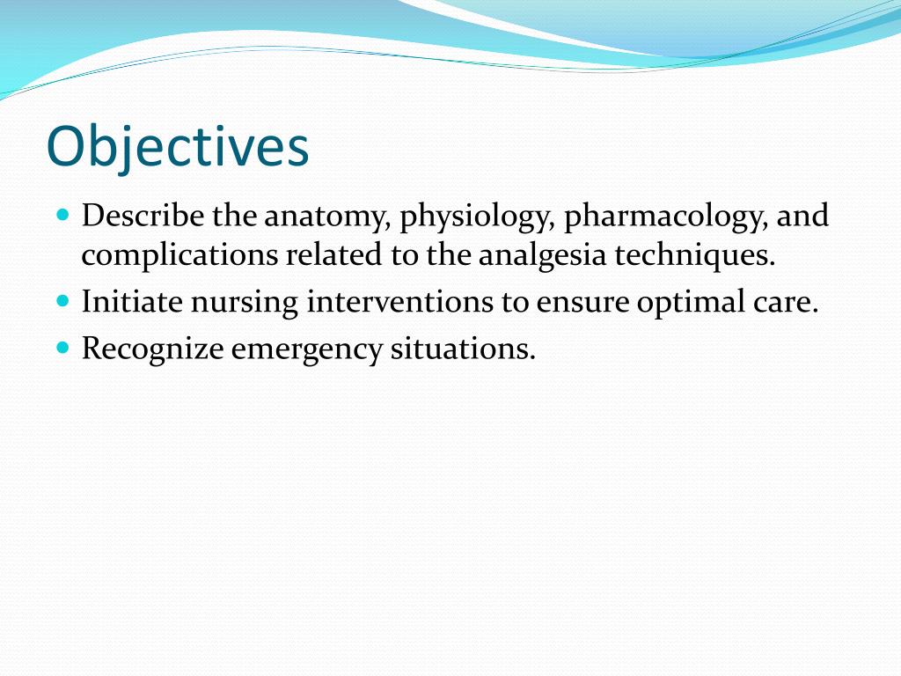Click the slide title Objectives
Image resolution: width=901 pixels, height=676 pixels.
pyautogui.click(x=178, y=147)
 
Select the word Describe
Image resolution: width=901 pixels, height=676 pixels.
pyautogui.click(x=144, y=216)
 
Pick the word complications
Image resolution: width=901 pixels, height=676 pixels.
pyautogui.click(x=179, y=256)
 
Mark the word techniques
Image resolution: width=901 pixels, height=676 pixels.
pyautogui.click(x=695, y=256)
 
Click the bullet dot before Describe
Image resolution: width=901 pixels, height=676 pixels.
pyautogui.click(x=62, y=215)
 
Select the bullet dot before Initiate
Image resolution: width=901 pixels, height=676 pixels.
pyautogui.click(x=62, y=301)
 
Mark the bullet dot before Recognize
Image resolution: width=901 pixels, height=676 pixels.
pyautogui.click(x=62, y=348)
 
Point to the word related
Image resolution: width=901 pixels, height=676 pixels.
pyautogui.click(x=333, y=256)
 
